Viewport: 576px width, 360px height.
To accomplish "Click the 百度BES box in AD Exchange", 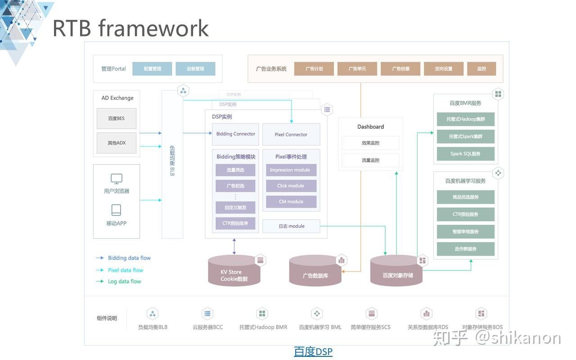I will pos(117,118).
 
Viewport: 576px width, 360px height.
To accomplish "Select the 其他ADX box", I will pos(117,143).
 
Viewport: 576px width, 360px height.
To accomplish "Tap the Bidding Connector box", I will pos(235,134).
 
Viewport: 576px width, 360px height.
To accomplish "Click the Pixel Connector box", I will pos(291,135).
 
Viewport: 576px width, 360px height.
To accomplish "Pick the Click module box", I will pos(290,186).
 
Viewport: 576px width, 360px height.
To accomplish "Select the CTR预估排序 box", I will pos(235,223).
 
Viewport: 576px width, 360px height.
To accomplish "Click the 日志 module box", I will pos(291,226).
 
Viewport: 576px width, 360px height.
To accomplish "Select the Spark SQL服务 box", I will pos(465,154).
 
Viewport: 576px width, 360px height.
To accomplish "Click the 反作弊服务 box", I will pos(465,249).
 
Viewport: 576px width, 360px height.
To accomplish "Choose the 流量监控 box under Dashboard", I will pos(370,160).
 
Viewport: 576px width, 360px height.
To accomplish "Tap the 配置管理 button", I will pos(153,69).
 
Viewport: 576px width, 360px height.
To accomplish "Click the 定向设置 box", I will pos(443,69).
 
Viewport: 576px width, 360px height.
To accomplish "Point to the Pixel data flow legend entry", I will pos(125,270).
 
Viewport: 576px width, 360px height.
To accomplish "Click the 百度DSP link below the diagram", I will pos(313,351).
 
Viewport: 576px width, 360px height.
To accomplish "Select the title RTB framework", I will pos(130,28).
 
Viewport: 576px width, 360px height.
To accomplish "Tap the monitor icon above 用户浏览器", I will pos(117,179).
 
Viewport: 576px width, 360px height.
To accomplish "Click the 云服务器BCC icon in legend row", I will pos(207,314).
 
